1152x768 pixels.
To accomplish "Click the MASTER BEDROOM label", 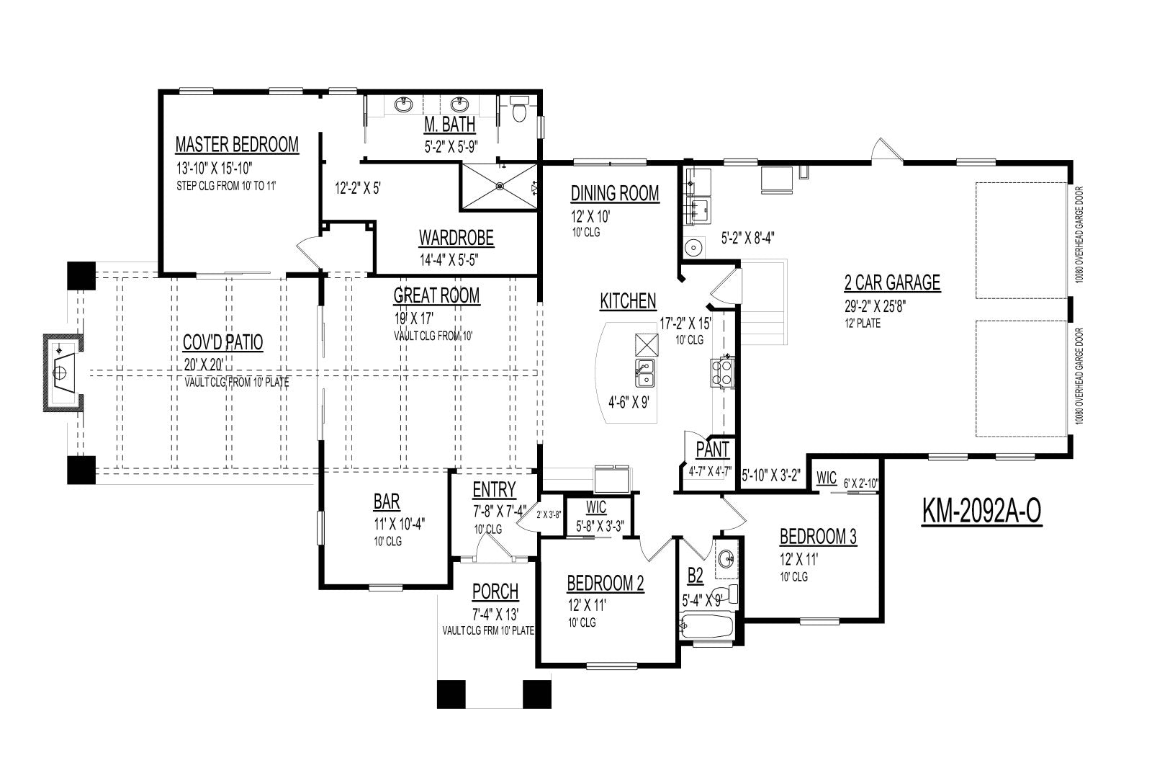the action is tap(237, 145).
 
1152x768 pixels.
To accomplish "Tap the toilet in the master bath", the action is tap(519, 108).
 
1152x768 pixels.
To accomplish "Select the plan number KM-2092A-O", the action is tap(981, 512).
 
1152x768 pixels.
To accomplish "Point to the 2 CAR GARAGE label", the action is tap(892, 282).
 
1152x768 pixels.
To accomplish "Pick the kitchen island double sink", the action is tap(645, 372).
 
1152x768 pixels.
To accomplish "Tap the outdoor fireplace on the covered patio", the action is tap(63, 372).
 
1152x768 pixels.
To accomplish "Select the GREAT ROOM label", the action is tap(436, 296).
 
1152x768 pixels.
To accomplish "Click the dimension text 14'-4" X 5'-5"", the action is tap(449, 260).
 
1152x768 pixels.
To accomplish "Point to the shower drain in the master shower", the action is tap(500, 187).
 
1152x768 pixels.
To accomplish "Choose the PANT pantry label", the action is tap(712, 450).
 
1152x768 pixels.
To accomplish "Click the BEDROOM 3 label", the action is tap(818, 537).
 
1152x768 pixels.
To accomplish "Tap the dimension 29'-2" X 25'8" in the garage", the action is tap(875, 306).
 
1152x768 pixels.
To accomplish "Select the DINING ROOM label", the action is tap(615, 194).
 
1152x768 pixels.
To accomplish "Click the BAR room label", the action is tap(387, 502).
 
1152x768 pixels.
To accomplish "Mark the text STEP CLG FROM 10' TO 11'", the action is tap(226, 186).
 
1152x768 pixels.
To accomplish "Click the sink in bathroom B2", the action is tap(726, 558).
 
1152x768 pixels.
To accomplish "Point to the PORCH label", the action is tap(495, 592).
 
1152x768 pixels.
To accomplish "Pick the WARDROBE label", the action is tap(456, 238).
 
